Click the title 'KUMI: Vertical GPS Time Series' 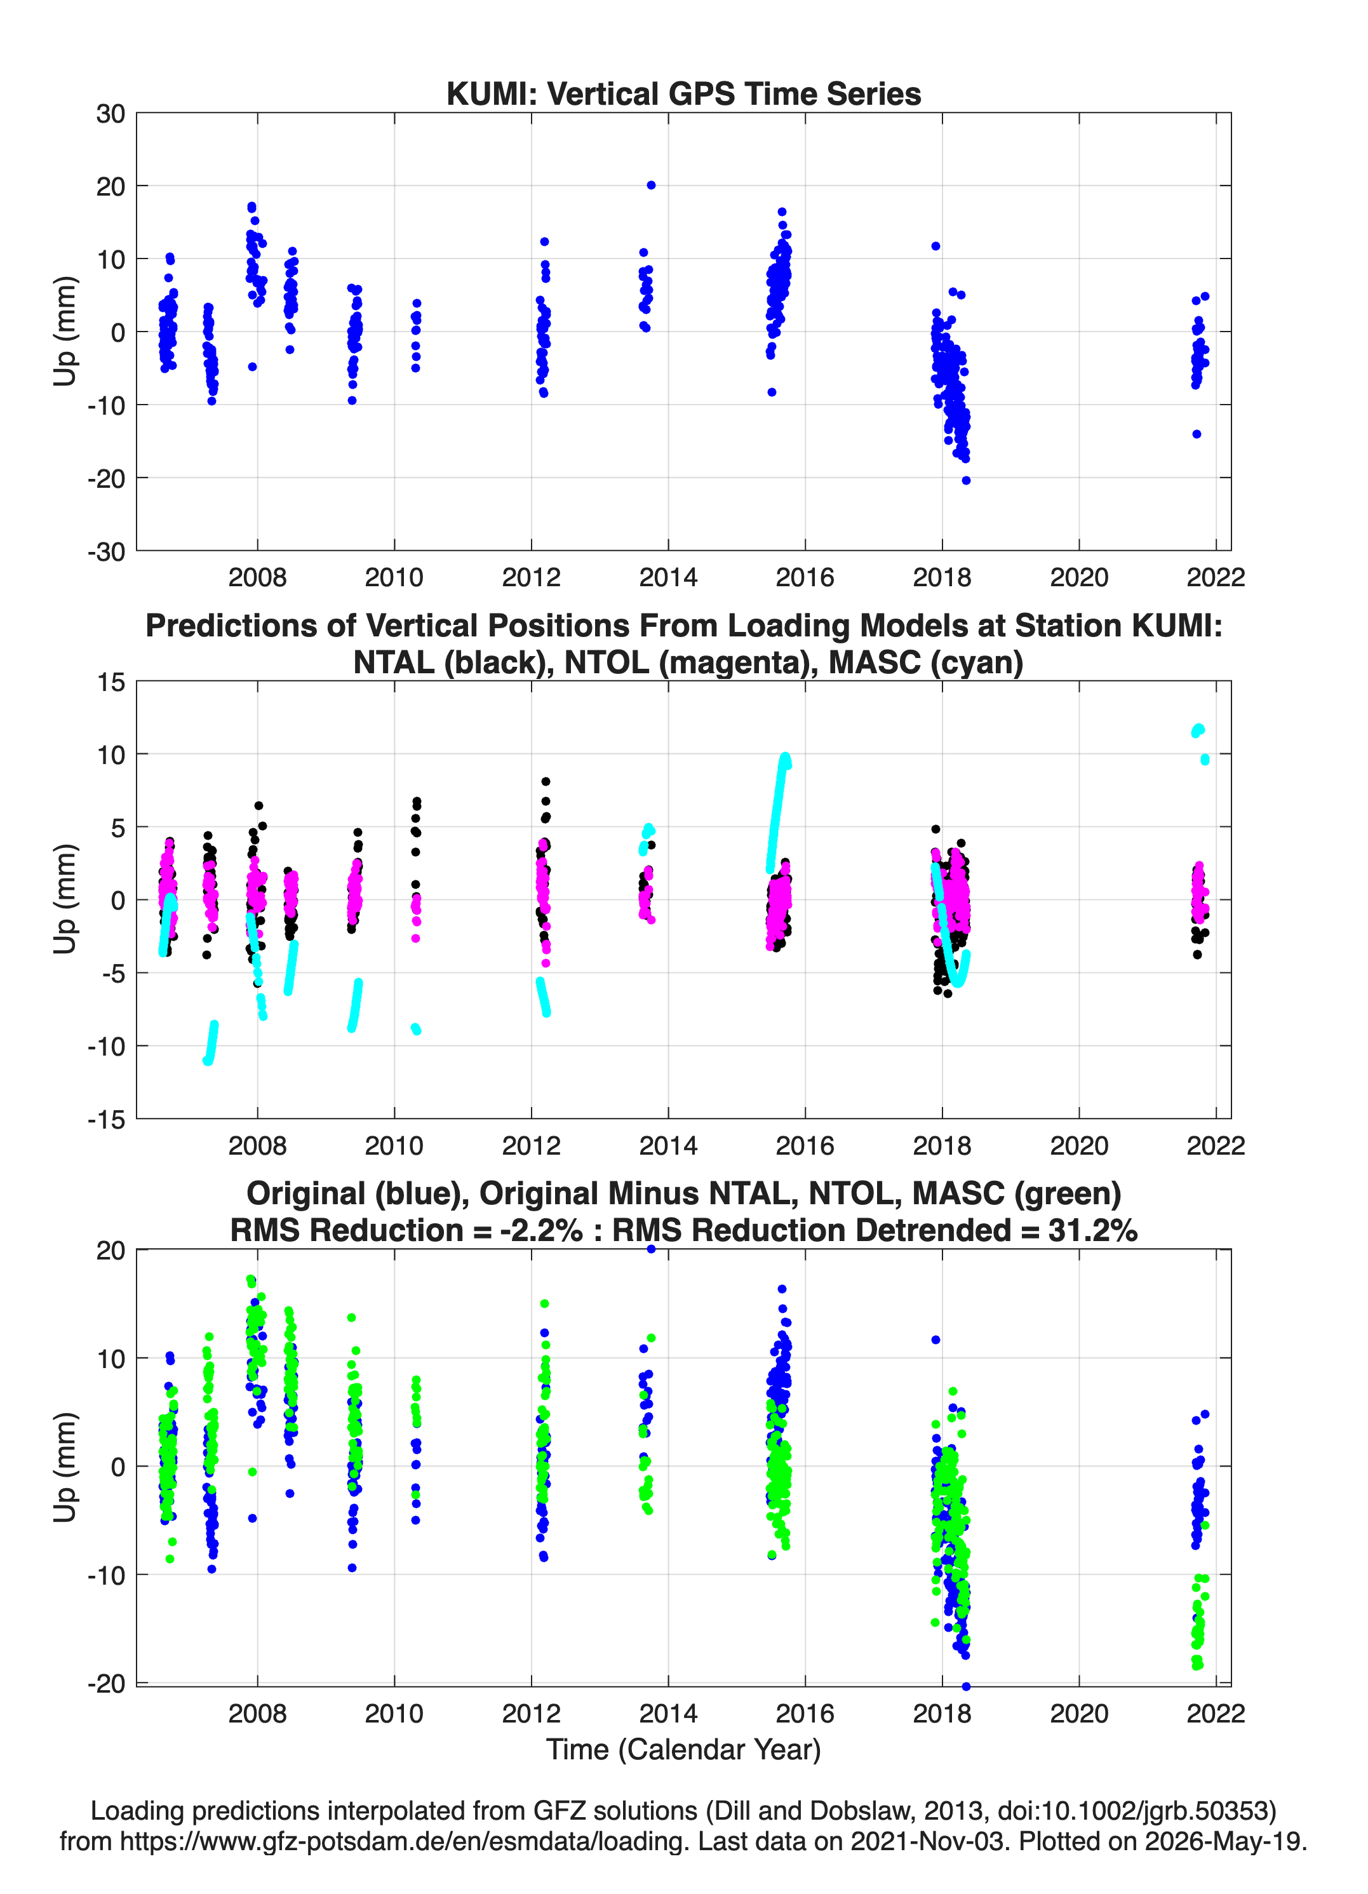pyautogui.click(x=683, y=93)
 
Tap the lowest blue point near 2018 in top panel pyautogui.click(x=966, y=480)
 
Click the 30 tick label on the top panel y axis pyautogui.click(x=111, y=114)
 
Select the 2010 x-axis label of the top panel pyautogui.click(x=394, y=577)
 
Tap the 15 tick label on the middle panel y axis pyautogui.click(x=111, y=682)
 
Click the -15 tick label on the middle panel pyautogui.click(x=106, y=1119)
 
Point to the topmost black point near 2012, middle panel pyautogui.click(x=546, y=782)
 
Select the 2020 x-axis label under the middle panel pyautogui.click(x=1079, y=1146)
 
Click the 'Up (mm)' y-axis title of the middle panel pyautogui.click(x=65, y=899)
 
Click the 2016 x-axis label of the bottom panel pyautogui.click(x=805, y=1714)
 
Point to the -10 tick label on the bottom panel pyautogui.click(x=106, y=1575)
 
